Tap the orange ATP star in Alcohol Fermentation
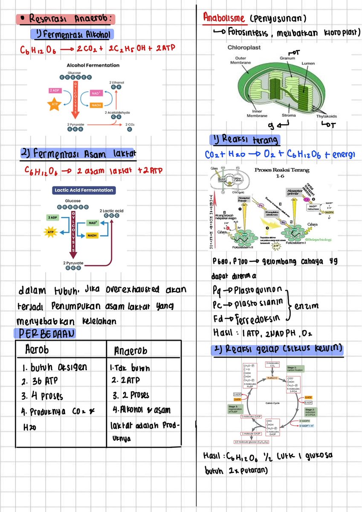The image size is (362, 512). pyautogui.click(x=55, y=105)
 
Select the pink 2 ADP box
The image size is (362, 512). pyautogui.click(x=55, y=90)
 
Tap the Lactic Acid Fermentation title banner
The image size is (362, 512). pyautogui.click(x=84, y=190)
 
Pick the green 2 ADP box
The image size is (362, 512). pyautogui.click(x=52, y=218)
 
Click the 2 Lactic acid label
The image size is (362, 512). pyautogui.click(x=112, y=211)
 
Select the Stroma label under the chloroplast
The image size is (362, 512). pyautogui.click(x=289, y=115)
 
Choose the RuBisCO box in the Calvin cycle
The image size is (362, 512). pyautogui.click(x=272, y=378)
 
